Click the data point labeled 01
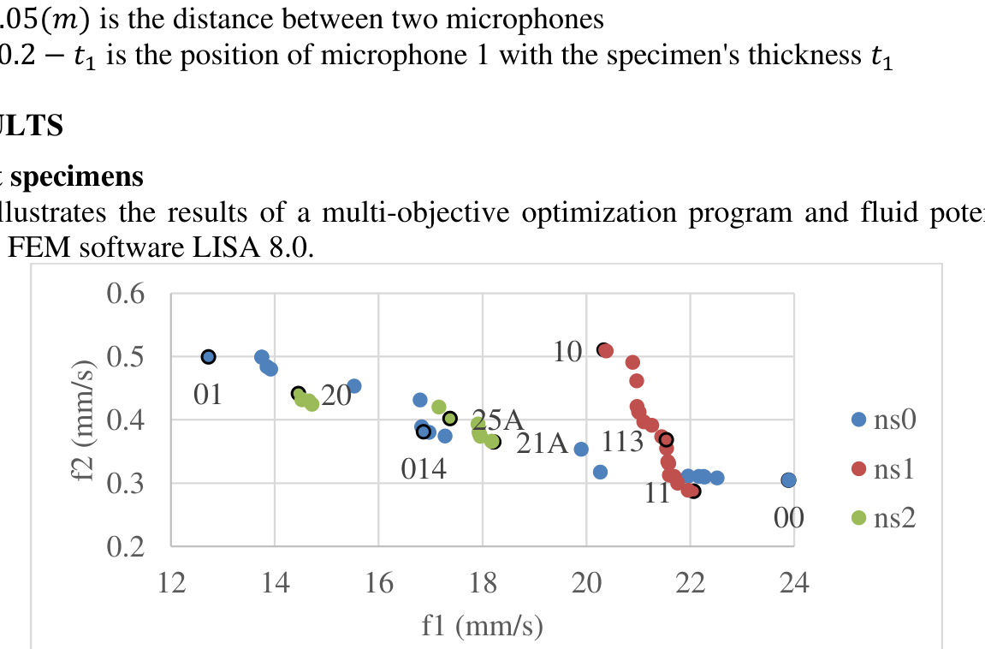tap(208, 356)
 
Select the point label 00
tap(788, 518)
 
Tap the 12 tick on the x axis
tap(171, 585)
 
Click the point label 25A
tap(497, 420)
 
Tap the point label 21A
tap(543, 444)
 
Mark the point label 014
tap(424, 469)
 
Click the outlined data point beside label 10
tap(603, 349)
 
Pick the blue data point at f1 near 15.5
tap(353, 386)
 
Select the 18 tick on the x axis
tap(483, 585)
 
